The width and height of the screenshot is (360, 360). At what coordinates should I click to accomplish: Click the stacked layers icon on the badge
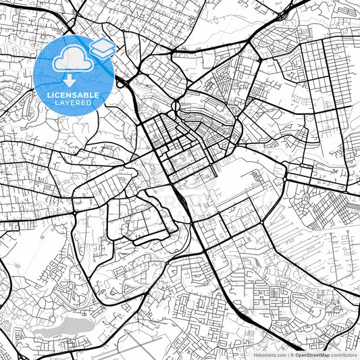coord(102,47)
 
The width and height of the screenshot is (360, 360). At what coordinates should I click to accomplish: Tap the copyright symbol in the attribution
coord(292,354)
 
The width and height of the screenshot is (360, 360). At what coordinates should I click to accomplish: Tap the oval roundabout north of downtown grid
coord(176,106)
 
